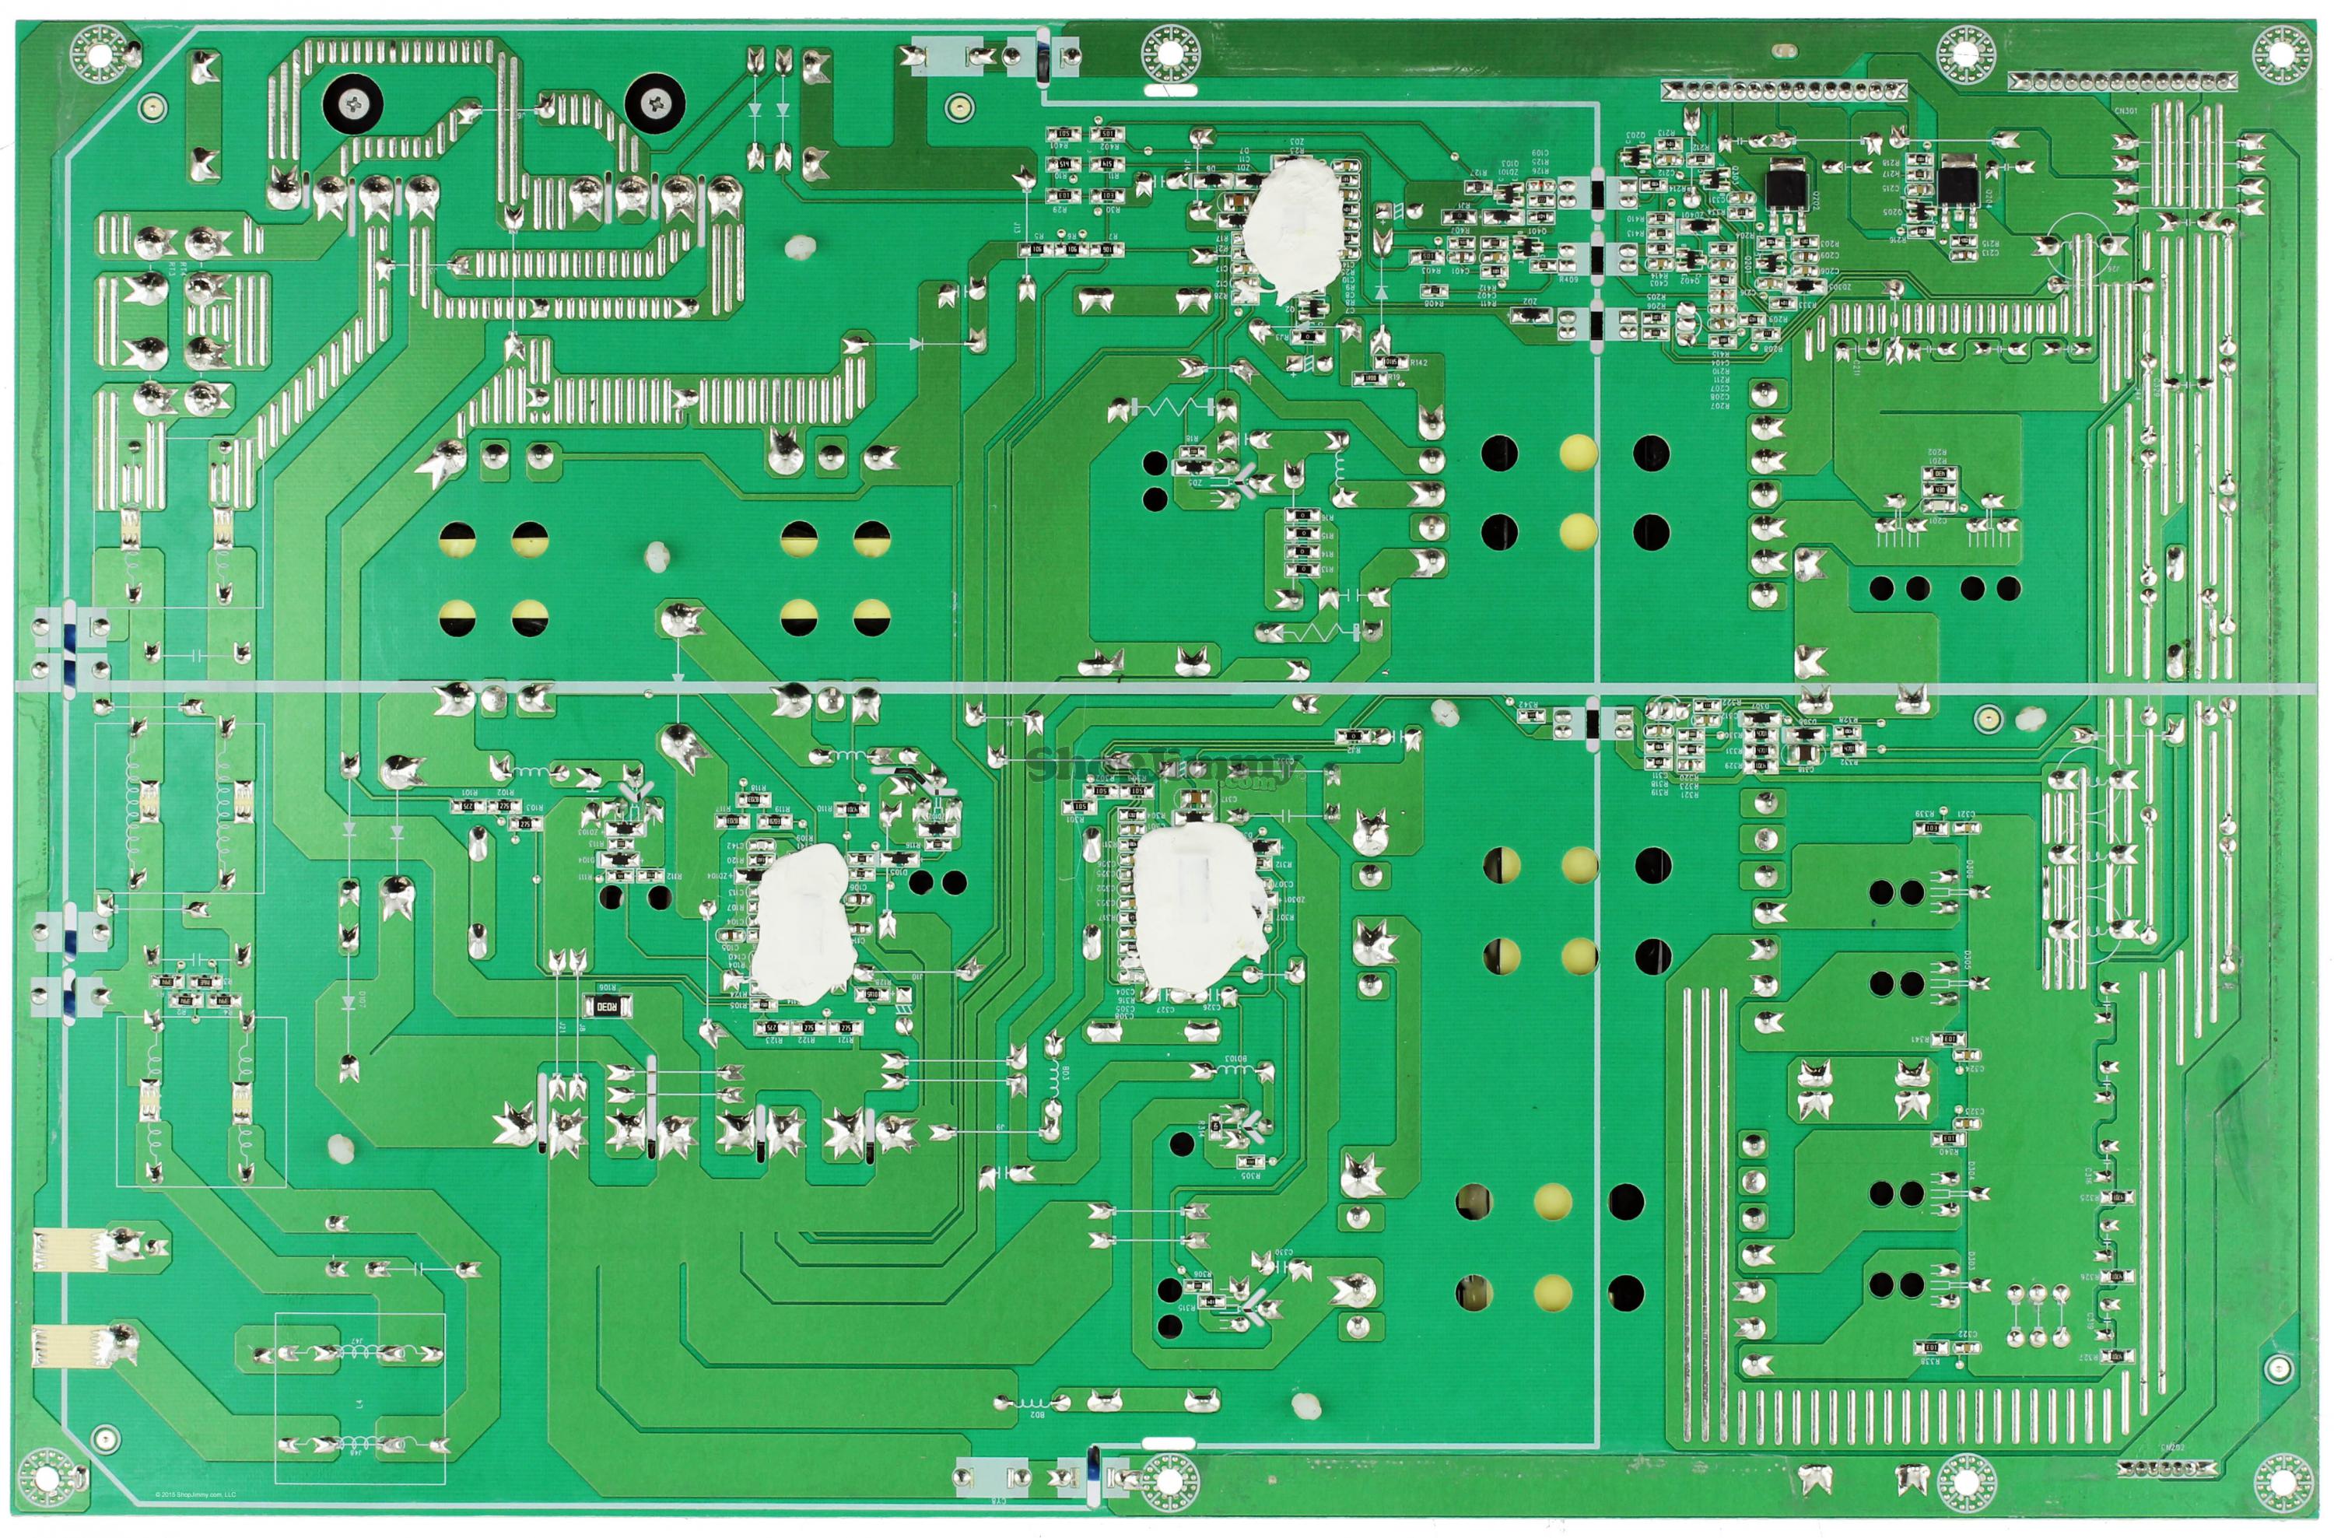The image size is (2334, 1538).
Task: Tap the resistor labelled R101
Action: click(x=469, y=806)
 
